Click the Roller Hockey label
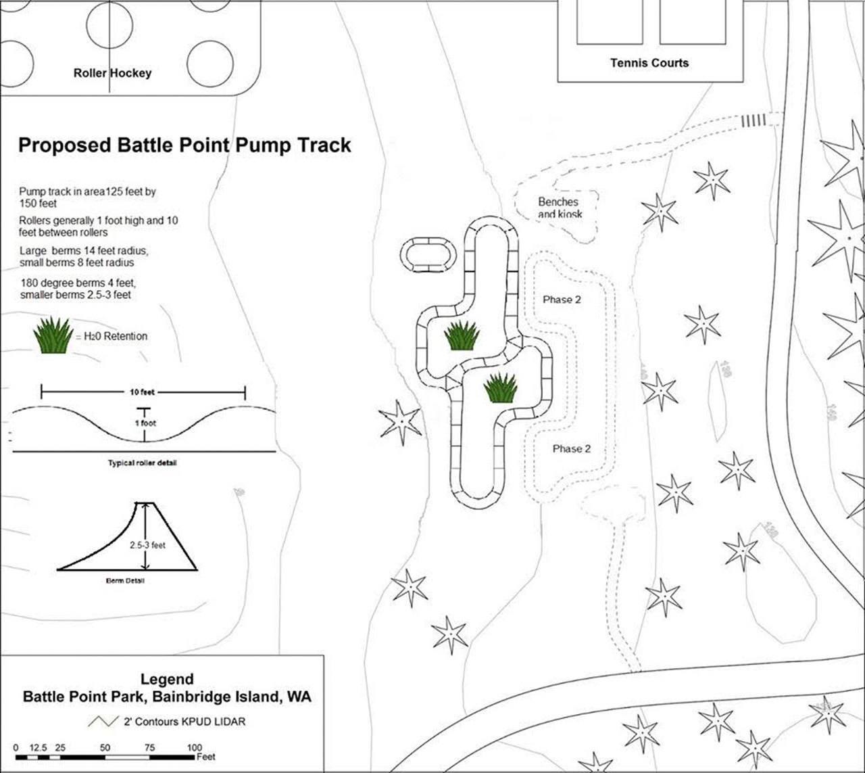click(x=112, y=73)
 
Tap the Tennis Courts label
click(x=649, y=63)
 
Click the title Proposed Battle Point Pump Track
click(x=184, y=145)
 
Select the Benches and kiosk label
click(x=559, y=208)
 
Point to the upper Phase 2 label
click(x=562, y=300)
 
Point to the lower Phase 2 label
click(x=572, y=449)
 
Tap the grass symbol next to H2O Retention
click(x=53, y=335)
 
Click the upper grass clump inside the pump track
click(x=462, y=335)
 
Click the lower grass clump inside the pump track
click(x=501, y=388)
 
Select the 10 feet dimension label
click(x=143, y=392)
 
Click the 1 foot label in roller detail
click(x=144, y=423)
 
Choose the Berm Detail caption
click(x=125, y=581)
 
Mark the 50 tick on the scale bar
click(x=105, y=748)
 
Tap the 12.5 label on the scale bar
click(x=39, y=748)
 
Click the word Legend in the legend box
click(x=167, y=679)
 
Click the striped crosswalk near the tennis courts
click(x=755, y=120)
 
